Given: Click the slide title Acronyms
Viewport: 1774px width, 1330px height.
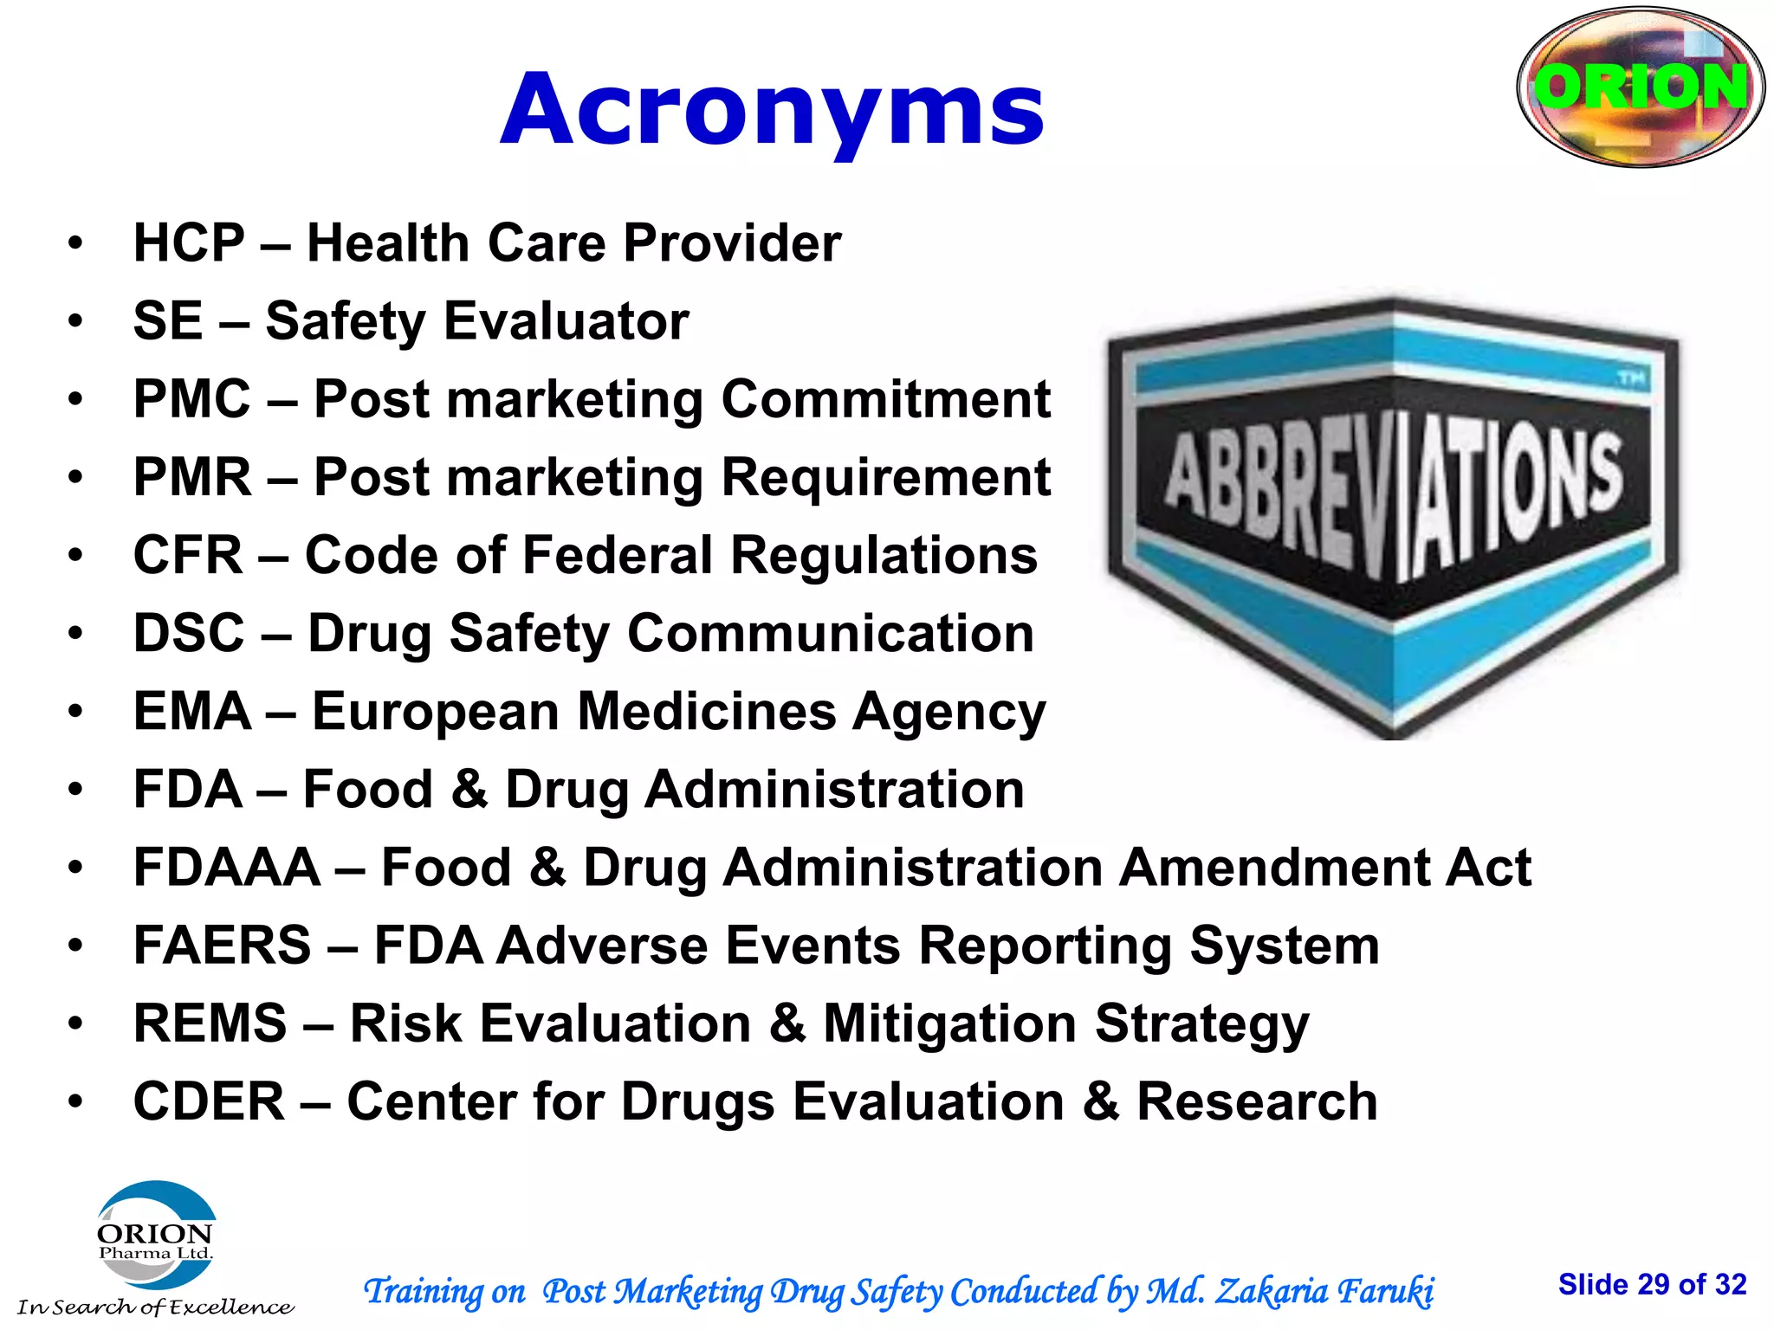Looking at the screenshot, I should point(773,111).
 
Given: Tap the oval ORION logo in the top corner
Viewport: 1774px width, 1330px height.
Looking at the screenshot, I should point(1641,87).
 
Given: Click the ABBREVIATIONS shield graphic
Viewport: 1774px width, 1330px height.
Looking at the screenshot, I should point(1393,517).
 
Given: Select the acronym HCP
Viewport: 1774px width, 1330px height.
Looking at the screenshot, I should point(189,242).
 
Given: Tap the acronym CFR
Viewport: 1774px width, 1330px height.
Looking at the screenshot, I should point(188,555).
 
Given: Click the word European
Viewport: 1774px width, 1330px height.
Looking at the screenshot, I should point(436,712).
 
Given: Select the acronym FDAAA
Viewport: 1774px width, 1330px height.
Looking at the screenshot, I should point(227,868).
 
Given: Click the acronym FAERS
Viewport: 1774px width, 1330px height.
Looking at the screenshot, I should point(222,946).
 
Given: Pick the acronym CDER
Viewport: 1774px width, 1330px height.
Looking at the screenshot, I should point(209,1101).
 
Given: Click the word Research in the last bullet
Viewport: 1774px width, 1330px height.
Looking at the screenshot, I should point(1257,1101).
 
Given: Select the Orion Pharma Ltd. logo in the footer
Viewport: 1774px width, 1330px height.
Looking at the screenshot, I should point(156,1238).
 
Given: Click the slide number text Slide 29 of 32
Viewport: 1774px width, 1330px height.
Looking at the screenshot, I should point(1652,1284).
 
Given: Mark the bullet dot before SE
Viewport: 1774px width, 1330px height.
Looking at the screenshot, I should point(76,321).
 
